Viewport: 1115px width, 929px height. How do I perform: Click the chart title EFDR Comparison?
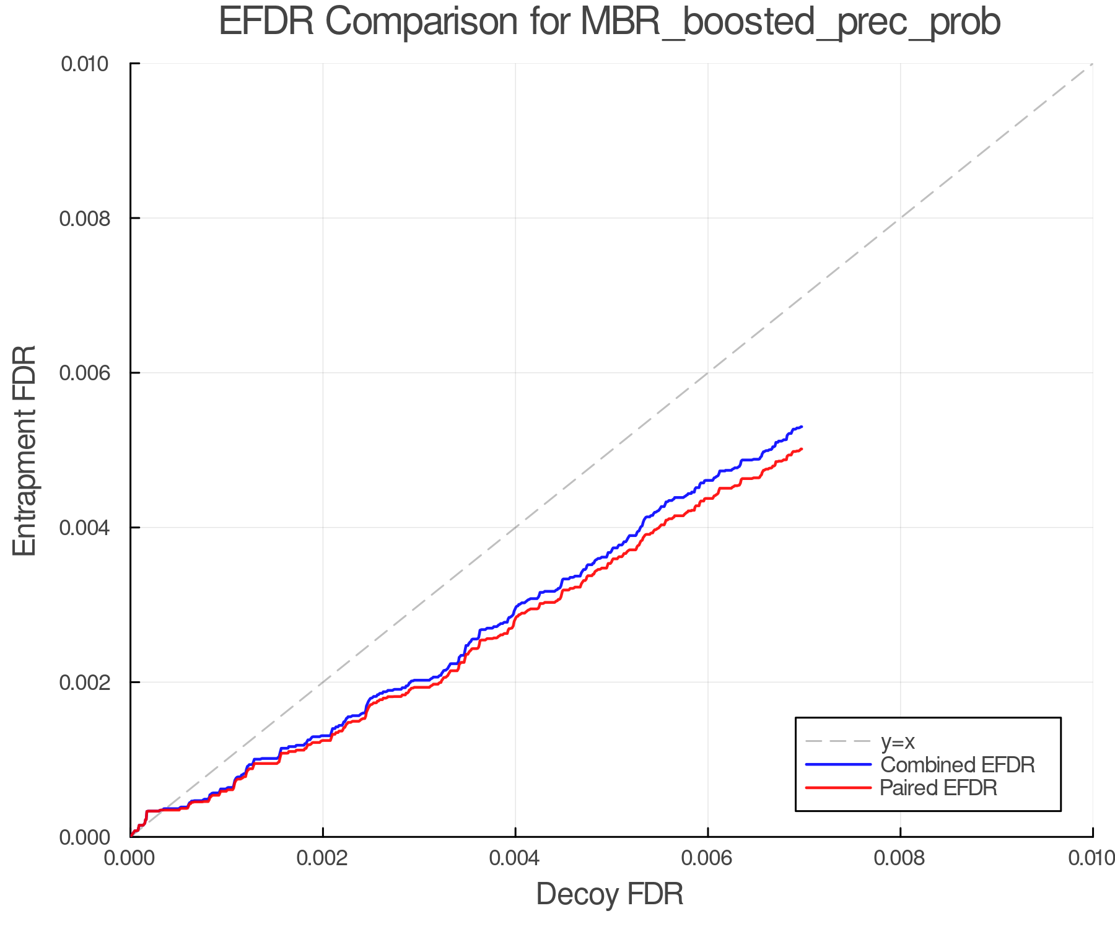(610, 22)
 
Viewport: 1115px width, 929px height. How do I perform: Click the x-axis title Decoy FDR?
(610, 894)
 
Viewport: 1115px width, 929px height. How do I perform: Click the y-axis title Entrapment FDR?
(25, 450)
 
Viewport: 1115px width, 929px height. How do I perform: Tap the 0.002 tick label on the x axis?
(323, 858)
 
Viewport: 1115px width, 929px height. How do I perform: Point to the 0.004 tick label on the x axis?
(515, 858)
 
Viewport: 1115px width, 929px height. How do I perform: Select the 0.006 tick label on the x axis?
(708, 858)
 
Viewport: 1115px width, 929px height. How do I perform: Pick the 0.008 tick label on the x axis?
(900, 858)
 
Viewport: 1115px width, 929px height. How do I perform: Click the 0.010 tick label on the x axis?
(1091, 858)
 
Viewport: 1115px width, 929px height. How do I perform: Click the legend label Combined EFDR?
(958, 765)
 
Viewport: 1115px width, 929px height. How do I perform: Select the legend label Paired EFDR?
(938, 788)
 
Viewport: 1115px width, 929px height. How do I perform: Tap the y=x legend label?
(898, 741)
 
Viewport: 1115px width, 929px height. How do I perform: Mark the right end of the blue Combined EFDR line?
(802, 427)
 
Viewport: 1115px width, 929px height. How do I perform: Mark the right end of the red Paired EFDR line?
(802, 448)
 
